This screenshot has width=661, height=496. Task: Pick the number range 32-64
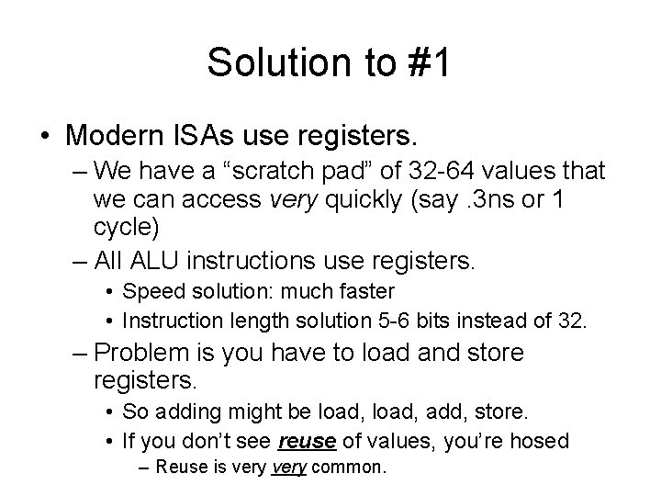click(432, 172)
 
